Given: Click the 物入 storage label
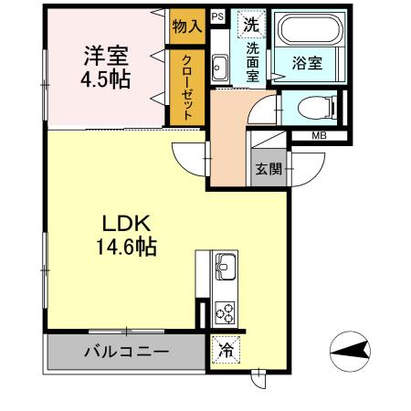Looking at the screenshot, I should pyautogui.click(x=187, y=27).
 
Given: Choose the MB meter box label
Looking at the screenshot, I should pyautogui.click(x=318, y=136).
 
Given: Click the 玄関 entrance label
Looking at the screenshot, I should pyautogui.click(x=268, y=168).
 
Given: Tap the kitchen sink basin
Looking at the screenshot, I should pyautogui.click(x=225, y=269).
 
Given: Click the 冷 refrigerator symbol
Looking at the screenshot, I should pyautogui.click(x=224, y=348).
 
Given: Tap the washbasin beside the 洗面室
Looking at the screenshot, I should pyautogui.click(x=219, y=66).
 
